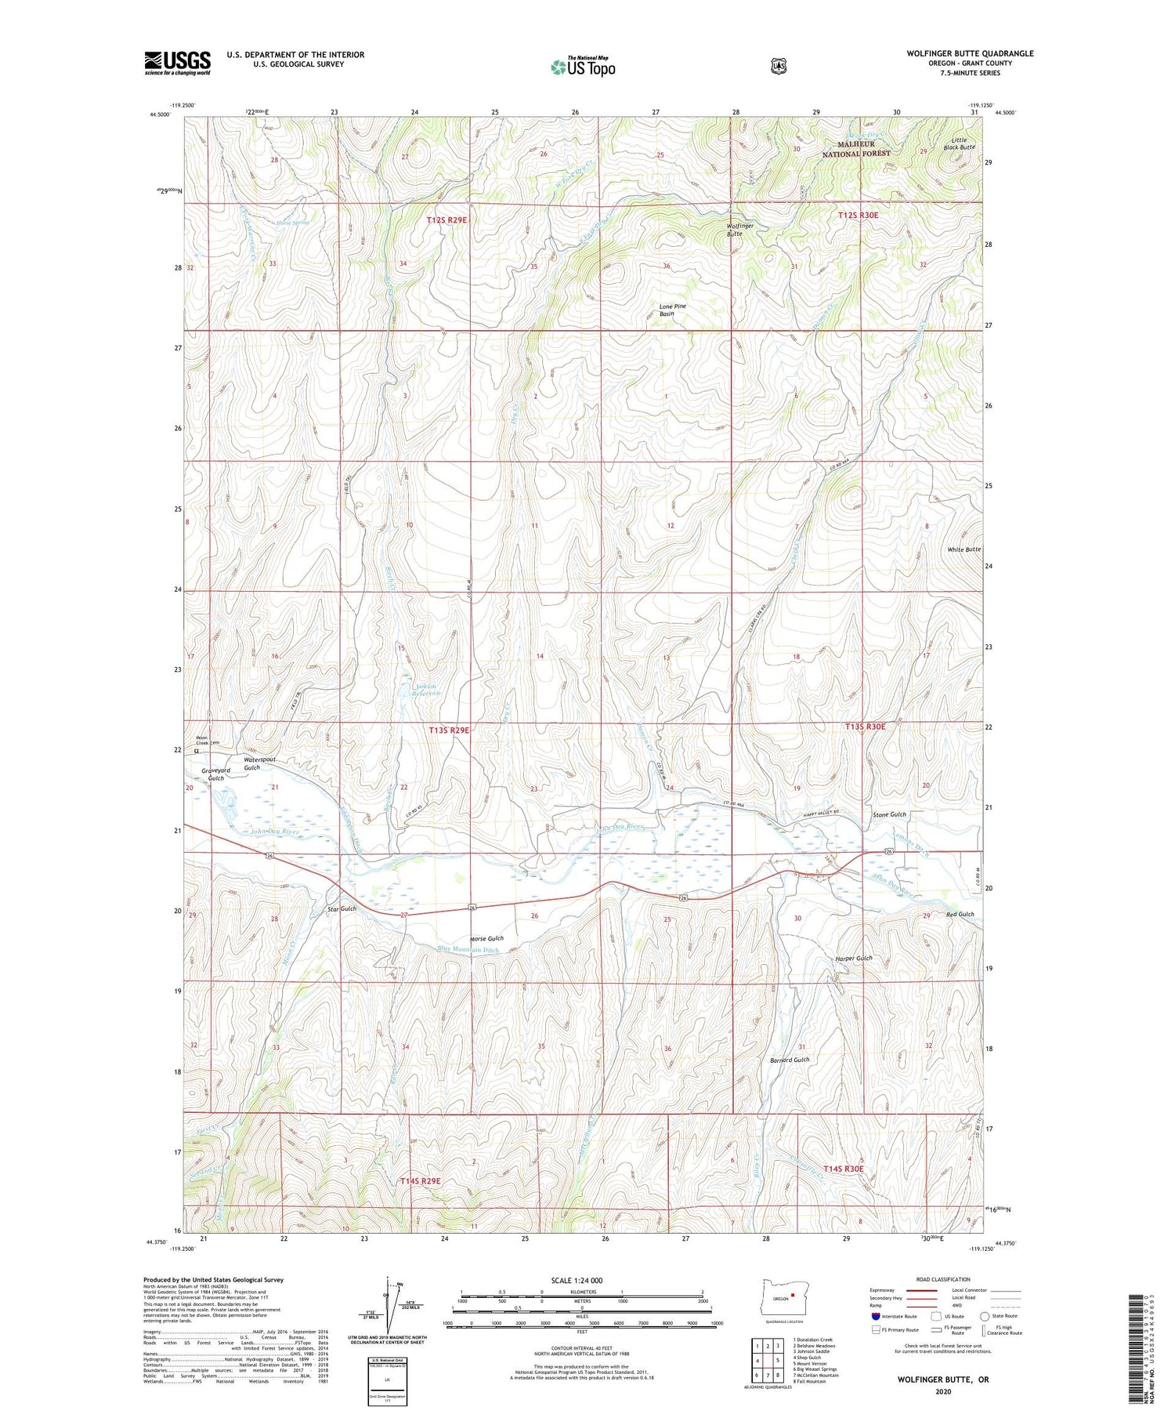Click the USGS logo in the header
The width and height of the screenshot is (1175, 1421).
point(177,63)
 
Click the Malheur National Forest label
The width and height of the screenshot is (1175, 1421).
point(855,149)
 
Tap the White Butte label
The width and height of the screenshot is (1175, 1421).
point(963,549)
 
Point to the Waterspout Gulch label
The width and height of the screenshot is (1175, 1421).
point(259,763)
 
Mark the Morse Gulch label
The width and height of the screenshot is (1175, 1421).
point(486,938)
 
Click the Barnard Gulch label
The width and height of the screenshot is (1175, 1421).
point(790,1060)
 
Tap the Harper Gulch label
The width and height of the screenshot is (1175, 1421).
point(853,958)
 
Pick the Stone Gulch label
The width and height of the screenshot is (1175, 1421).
point(889,814)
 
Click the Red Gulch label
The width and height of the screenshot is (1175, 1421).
point(960,914)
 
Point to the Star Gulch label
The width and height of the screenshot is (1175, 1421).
point(342,908)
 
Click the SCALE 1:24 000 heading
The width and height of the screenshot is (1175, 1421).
point(577,1281)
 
